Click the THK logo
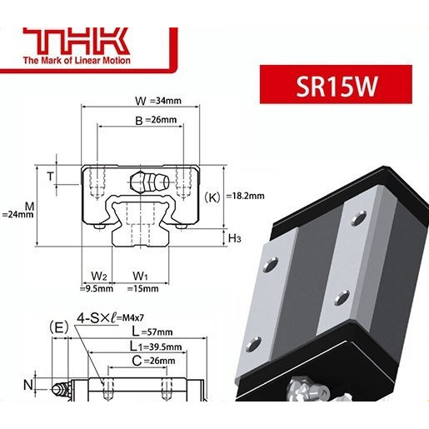[74, 40]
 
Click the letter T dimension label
[51, 176]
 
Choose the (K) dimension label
[212, 197]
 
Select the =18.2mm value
[245, 197]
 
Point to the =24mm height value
[17, 214]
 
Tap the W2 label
[98, 276]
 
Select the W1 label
[140, 276]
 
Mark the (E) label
[58, 326]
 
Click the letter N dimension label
[27, 385]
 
